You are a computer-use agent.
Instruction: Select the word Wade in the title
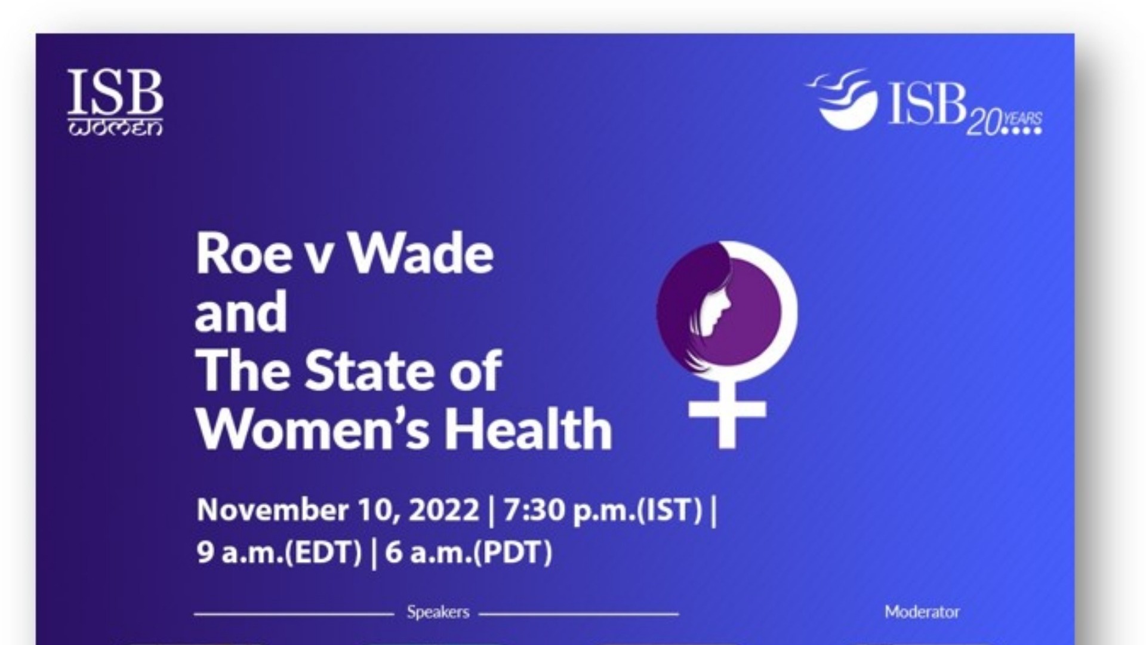pos(420,254)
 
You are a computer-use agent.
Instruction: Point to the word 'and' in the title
pos(241,312)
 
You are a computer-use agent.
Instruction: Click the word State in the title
pos(372,370)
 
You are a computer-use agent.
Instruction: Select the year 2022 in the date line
pos(444,510)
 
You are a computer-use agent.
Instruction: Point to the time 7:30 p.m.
pos(568,511)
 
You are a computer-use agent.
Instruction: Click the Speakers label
pos(438,612)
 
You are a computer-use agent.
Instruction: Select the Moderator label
pos(922,612)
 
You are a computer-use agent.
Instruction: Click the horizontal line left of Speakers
pos(294,613)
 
